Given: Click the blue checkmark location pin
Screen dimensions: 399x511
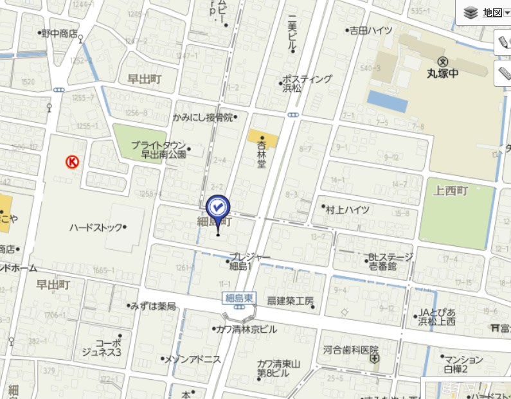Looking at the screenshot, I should [217, 208].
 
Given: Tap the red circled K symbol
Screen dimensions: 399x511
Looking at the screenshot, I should [72, 163].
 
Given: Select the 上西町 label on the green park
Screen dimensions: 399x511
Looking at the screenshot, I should [451, 191].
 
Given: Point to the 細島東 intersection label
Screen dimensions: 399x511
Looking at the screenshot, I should [240, 297].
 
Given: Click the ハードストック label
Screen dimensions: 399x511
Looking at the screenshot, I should [95, 227].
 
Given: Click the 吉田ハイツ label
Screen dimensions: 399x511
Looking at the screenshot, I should [371, 30].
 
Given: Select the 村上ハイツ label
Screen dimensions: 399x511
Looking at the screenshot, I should [348, 209].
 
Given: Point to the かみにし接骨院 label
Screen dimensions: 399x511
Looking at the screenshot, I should [202, 118].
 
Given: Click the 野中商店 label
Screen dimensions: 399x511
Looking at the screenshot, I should [59, 33].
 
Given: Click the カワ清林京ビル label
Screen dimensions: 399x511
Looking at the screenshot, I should [249, 329].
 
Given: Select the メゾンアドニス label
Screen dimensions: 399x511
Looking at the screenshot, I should [193, 359].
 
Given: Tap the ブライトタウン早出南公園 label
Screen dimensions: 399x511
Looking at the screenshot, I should [159, 149].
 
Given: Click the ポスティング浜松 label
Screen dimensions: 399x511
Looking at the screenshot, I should [307, 83].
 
